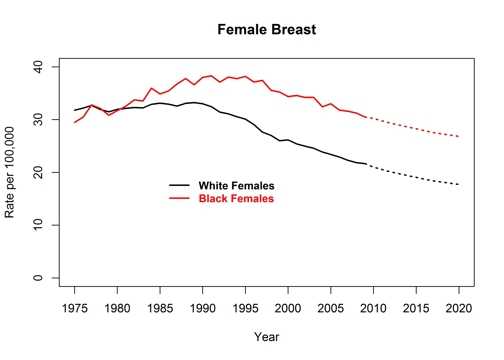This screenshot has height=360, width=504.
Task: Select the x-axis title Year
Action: click(x=266, y=336)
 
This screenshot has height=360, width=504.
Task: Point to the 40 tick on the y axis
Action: click(x=38, y=66)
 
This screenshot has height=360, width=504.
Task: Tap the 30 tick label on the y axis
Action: click(x=38, y=119)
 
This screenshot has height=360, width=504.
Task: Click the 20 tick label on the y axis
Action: click(x=38, y=172)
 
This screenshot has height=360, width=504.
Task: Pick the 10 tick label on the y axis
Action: click(x=38, y=225)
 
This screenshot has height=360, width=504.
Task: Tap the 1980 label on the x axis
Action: click(x=117, y=308)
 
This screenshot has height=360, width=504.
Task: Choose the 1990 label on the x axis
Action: click(x=203, y=308)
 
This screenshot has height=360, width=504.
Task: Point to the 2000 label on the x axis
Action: click(x=288, y=308)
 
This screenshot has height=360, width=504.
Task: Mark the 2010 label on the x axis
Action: click(x=373, y=308)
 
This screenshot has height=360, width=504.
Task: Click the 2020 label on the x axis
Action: click(x=459, y=308)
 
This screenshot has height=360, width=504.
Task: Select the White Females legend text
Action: click(x=236, y=186)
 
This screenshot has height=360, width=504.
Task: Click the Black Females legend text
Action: click(x=236, y=199)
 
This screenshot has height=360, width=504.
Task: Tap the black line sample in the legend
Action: click(x=179, y=186)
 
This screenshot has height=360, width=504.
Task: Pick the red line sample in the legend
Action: click(x=179, y=199)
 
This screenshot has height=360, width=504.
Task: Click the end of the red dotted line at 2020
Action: click(x=459, y=136)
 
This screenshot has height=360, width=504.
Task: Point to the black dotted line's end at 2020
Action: click(x=459, y=184)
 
